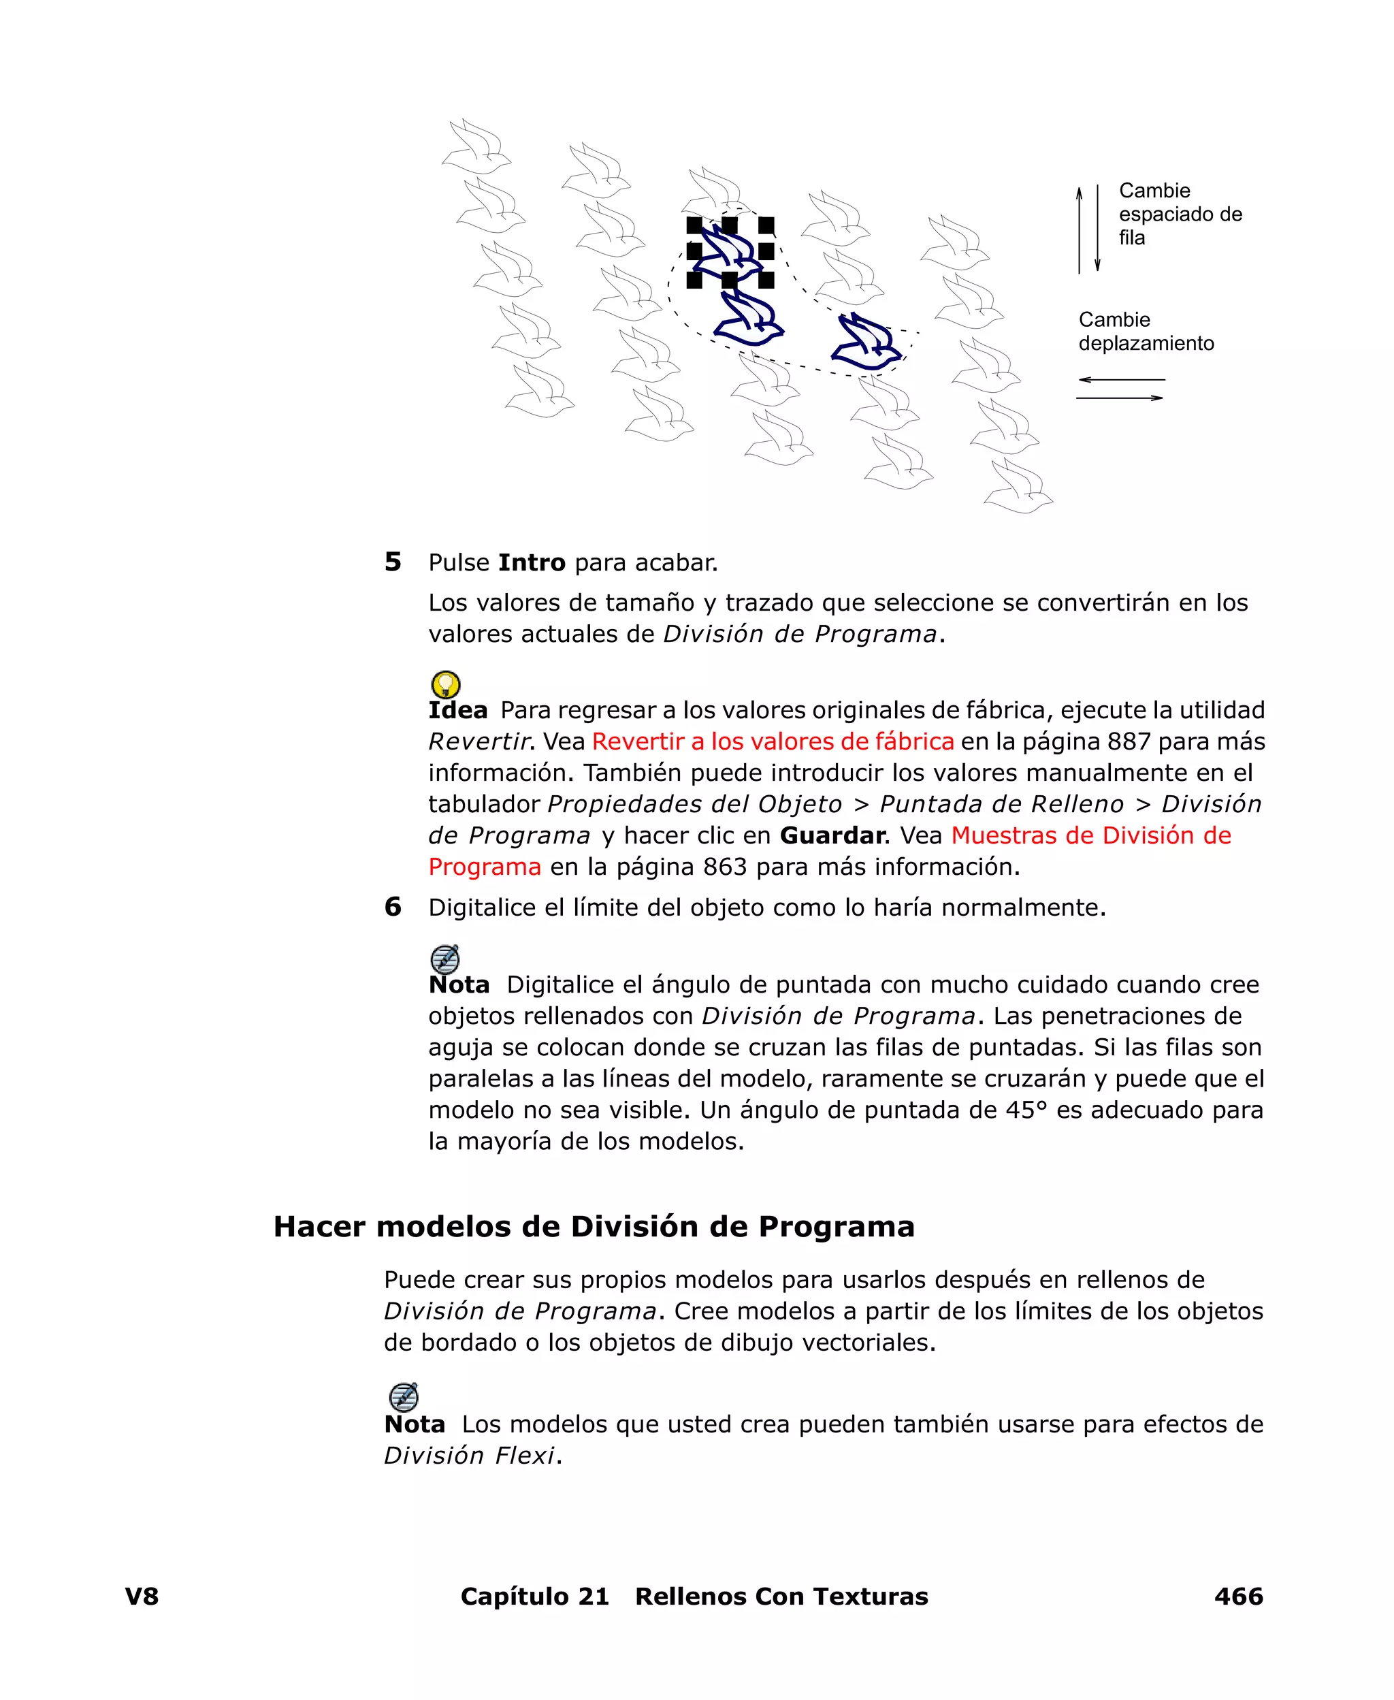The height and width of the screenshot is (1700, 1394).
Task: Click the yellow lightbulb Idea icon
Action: (446, 684)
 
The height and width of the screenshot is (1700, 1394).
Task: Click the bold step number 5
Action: (393, 562)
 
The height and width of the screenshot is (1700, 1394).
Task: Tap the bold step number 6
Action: (393, 908)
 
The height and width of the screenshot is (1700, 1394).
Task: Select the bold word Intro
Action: (532, 563)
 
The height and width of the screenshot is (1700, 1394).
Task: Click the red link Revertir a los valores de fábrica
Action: (773, 741)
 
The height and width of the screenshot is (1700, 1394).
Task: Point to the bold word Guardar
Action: (832, 836)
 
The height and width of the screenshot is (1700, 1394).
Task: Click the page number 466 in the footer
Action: (1238, 1597)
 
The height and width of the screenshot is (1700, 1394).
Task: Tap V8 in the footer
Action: (142, 1597)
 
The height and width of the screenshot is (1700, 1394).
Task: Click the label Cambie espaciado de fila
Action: (1179, 214)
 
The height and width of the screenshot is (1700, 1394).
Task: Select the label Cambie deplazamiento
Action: (1145, 332)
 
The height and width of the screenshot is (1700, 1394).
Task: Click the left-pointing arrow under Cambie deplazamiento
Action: (1121, 380)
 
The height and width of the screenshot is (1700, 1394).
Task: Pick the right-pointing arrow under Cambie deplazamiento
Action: (1120, 398)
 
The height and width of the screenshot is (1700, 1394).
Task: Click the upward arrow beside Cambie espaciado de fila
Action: (1080, 229)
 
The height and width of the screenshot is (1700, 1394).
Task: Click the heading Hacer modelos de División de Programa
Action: (594, 1227)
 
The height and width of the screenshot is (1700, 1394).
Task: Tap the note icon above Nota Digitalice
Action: (445, 959)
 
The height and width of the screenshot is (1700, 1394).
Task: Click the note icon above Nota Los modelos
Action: (403, 1397)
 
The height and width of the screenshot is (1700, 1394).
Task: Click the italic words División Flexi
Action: (469, 1456)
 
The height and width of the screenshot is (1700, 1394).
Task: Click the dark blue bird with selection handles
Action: (729, 251)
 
